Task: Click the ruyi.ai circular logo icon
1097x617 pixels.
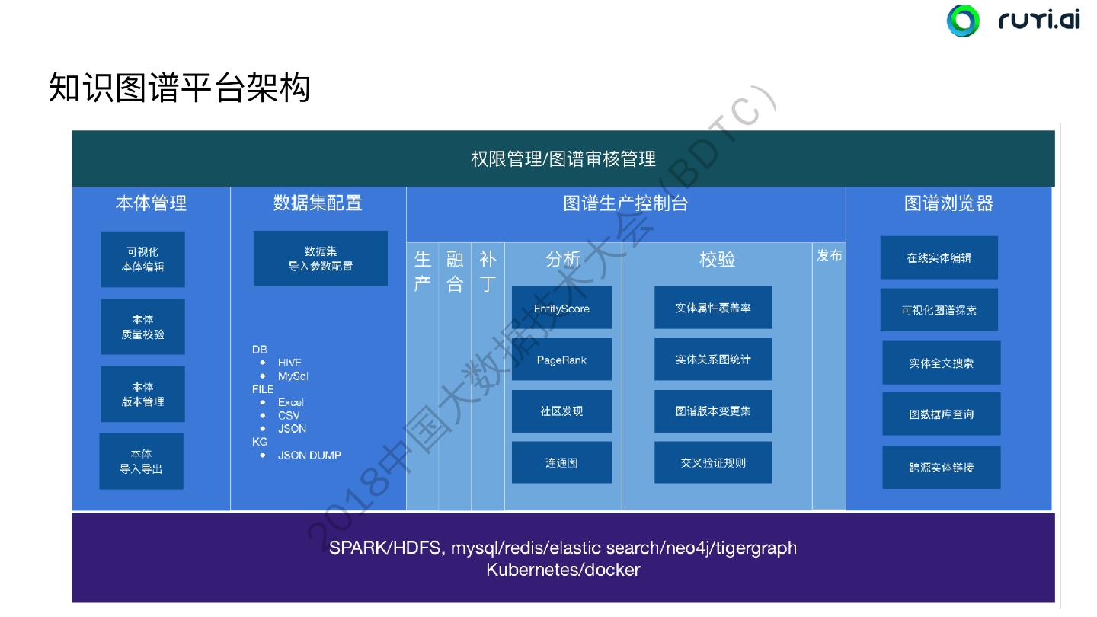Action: [963, 21]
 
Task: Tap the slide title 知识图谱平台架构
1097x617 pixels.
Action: [180, 88]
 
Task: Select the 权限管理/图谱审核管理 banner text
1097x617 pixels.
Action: [563, 159]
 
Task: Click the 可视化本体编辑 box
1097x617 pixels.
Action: [142, 259]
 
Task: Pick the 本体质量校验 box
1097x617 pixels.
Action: [142, 327]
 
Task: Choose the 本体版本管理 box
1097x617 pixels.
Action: [142, 394]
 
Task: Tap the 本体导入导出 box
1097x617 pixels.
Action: [141, 462]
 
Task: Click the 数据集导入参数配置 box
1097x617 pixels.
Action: [320, 259]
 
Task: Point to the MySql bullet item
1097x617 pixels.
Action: [293, 376]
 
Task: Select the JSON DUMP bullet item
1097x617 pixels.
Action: [309, 455]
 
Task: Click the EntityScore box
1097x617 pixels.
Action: [561, 308]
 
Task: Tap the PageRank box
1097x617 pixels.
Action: [561, 360]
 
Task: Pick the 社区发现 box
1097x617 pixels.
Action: [561, 411]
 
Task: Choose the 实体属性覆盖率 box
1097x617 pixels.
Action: [713, 308]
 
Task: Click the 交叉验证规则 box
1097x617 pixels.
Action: [713, 462]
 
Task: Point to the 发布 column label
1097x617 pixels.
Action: [829, 256]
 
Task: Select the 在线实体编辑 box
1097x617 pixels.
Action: [939, 257]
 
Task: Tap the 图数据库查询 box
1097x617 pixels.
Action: [941, 414]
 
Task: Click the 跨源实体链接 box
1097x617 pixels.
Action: [941, 467]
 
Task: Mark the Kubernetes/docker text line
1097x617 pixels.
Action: [563, 570]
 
